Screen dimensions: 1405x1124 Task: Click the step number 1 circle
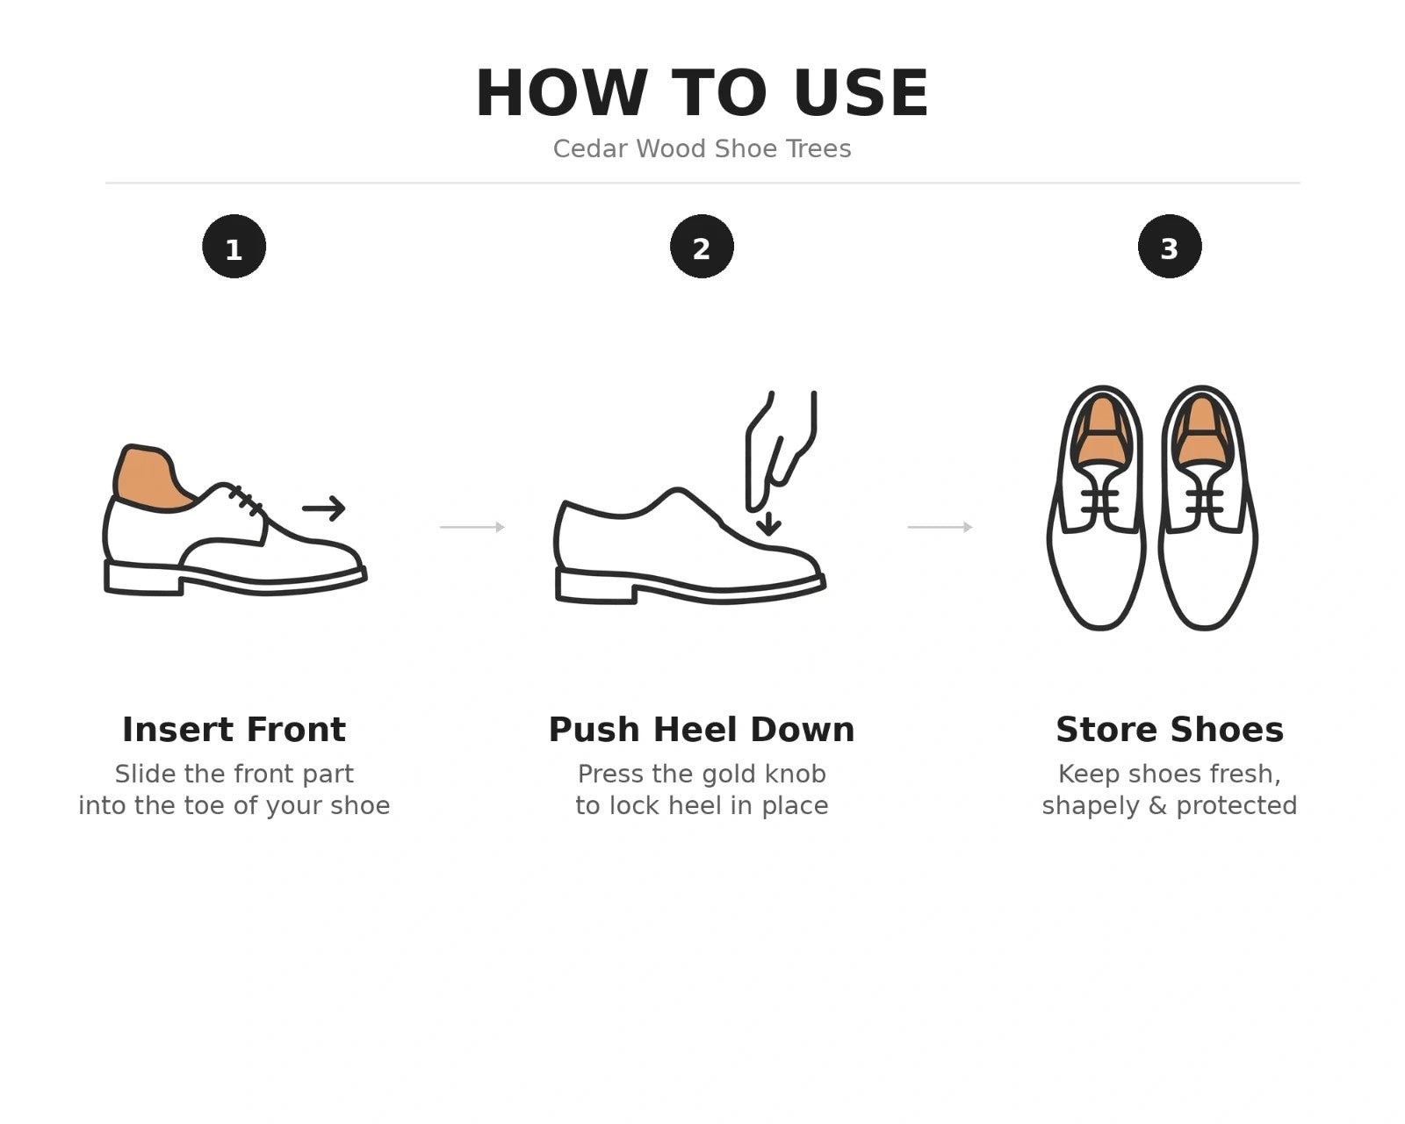point(234,246)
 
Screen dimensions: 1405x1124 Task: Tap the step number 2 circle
point(702,246)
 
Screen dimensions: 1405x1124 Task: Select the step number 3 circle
point(1170,246)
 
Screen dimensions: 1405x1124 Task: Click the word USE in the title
point(861,93)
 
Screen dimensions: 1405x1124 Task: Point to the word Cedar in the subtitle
point(590,149)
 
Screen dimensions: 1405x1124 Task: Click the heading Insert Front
point(234,730)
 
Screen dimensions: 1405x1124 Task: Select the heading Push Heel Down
point(702,730)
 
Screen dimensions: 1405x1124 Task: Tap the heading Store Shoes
point(1170,730)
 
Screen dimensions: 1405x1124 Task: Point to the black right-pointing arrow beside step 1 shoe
point(324,508)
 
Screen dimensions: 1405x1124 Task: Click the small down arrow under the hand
point(768,523)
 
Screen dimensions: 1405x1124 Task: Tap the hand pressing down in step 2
point(781,450)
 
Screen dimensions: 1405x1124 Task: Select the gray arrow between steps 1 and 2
point(472,526)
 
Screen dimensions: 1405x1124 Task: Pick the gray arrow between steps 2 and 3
point(940,526)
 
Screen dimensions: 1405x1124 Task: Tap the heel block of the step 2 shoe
point(595,585)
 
